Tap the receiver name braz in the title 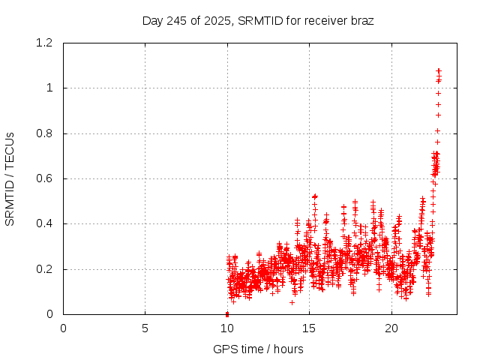coord(361,21)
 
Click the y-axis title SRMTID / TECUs coord(10,178)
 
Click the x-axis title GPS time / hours coord(258,349)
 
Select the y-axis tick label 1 coord(49,88)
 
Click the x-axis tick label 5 coord(145,328)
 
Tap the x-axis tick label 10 coord(227,328)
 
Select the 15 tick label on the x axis coord(309,328)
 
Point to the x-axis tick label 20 coord(391,328)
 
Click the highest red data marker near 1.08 coord(439,70)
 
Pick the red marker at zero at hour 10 coord(227,313)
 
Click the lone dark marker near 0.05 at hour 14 coord(292,302)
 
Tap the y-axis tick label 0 coord(49,314)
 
